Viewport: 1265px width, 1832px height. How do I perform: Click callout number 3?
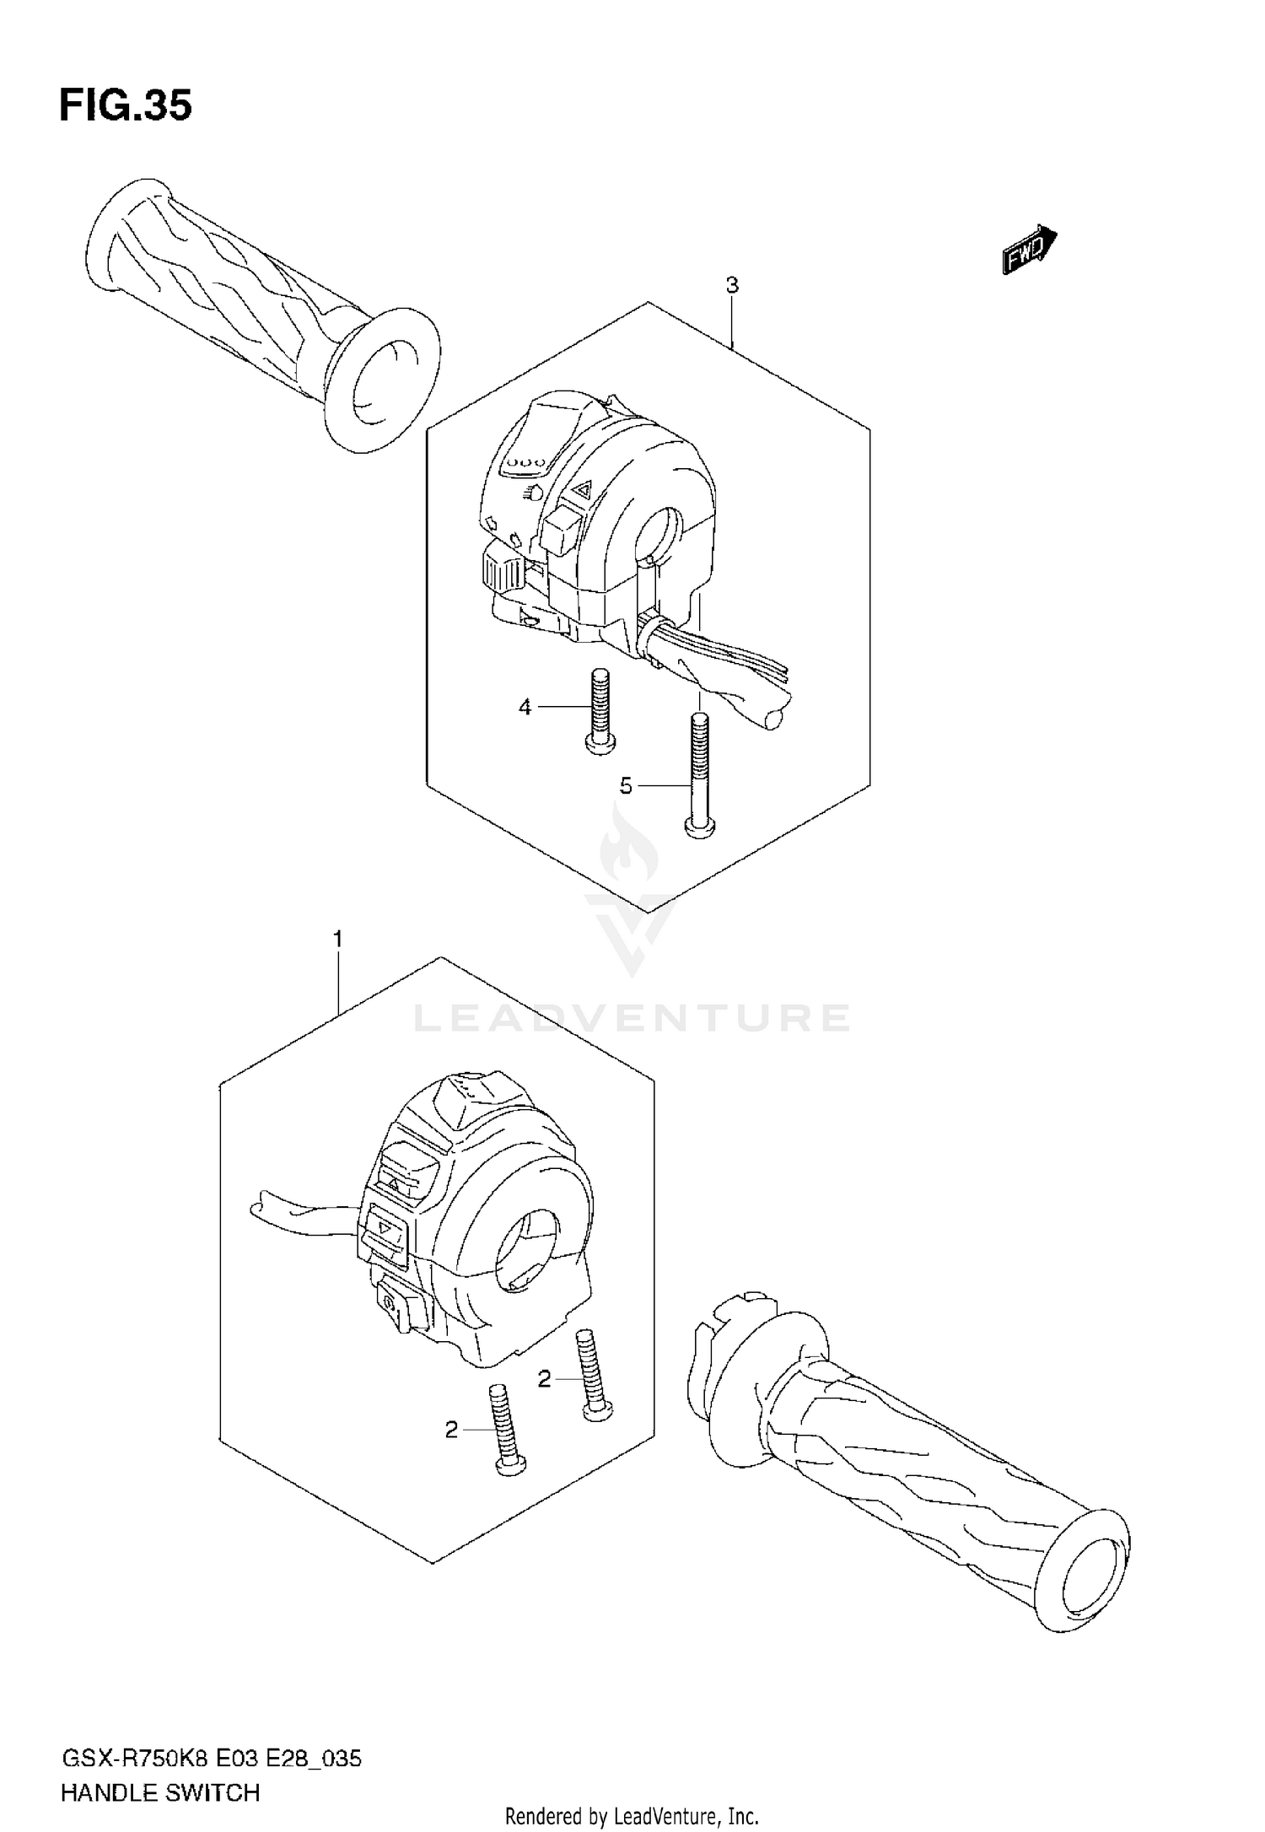click(732, 286)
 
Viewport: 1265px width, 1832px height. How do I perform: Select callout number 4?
click(525, 707)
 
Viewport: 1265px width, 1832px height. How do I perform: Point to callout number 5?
click(625, 786)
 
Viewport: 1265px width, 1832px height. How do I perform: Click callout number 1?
click(338, 938)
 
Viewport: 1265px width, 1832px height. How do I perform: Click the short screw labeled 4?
click(600, 709)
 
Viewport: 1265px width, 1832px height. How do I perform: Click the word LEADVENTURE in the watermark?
click(631, 1018)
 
